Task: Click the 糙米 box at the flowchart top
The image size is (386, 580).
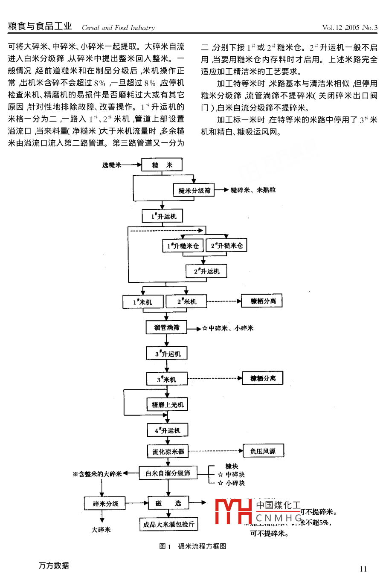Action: (x=162, y=165)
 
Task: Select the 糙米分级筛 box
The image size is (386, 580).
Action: (x=194, y=190)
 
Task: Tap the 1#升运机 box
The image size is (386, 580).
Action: (x=163, y=216)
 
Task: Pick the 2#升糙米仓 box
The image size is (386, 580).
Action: (x=226, y=246)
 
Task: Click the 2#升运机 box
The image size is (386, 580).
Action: (x=206, y=271)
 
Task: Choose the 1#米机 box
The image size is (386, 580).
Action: (x=143, y=302)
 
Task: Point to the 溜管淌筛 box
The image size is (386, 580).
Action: (x=166, y=328)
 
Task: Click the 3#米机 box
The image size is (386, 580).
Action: (x=166, y=379)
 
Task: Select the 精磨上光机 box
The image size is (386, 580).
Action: (x=167, y=404)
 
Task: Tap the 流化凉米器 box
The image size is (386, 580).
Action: (x=168, y=451)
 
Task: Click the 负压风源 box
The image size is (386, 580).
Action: (x=263, y=451)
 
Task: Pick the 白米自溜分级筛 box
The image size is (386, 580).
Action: (x=168, y=473)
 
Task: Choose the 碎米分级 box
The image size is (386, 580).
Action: (x=105, y=504)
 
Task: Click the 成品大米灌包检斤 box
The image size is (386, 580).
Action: (x=168, y=524)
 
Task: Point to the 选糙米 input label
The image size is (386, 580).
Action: (x=112, y=165)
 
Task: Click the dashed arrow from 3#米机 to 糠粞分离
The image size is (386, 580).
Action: (x=215, y=378)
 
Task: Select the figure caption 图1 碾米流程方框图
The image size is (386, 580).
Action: (x=192, y=546)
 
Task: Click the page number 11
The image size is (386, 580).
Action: (x=363, y=569)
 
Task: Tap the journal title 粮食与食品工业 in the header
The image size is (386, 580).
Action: (x=40, y=26)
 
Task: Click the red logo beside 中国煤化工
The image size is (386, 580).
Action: (x=234, y=511)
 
